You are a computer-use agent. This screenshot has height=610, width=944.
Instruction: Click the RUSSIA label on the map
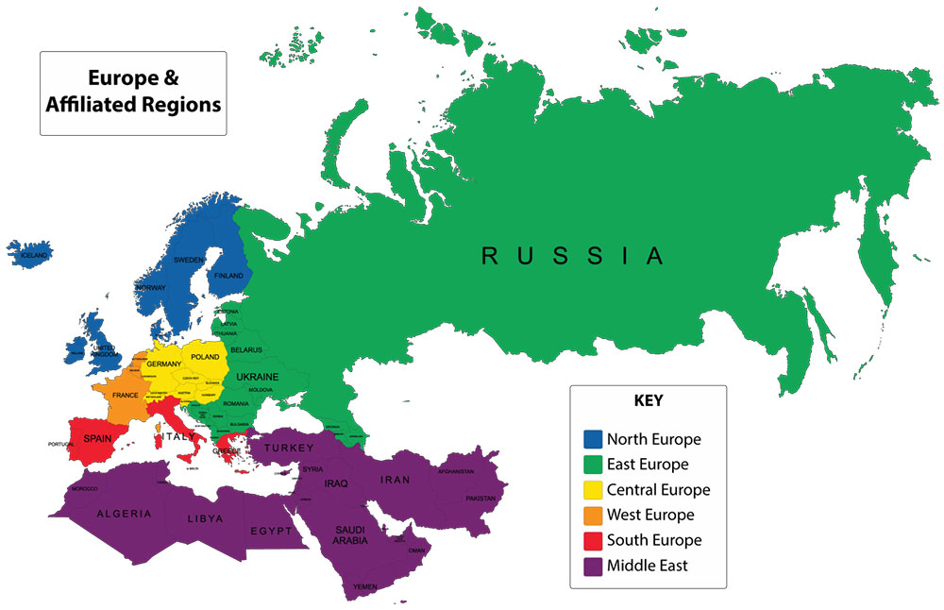pos(573,256)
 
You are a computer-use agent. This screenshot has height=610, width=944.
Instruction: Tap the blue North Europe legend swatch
pos(592,439)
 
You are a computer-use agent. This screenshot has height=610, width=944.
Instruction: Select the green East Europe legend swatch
pos(592,465)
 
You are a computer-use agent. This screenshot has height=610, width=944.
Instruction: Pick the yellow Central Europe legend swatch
pos(592,490)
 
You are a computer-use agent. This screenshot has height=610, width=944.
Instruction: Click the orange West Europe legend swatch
pos(592,516)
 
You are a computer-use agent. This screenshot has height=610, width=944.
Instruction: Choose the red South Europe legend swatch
pos(592,541)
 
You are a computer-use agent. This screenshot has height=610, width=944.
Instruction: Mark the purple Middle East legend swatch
pos(592,567)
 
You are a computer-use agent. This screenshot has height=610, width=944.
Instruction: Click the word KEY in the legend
pos(648,400)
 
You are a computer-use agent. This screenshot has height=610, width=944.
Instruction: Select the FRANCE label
pos(126,395)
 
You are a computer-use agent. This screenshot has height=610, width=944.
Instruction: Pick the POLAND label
pos(211,359)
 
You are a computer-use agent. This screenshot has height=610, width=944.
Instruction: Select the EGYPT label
pos(271,531)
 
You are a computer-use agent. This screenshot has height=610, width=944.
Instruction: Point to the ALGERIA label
pos(123,514)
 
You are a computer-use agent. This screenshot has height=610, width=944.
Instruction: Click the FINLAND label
pos(228,276)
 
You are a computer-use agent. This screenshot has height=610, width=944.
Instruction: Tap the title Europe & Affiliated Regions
pos(132,91)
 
